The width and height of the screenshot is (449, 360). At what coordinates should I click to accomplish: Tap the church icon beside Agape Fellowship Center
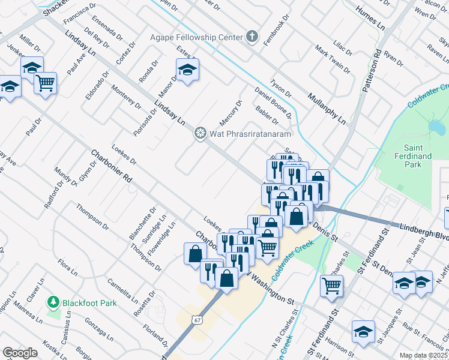point(253,37)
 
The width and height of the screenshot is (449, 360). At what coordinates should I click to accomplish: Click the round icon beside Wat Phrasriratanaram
point(200,132)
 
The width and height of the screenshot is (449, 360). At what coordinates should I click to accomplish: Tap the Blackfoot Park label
point(89,302)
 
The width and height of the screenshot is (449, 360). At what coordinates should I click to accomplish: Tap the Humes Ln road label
point(370,18)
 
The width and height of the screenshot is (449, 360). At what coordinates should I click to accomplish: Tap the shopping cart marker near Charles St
point(331,286)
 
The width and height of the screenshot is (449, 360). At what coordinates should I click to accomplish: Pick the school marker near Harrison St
point(363,332)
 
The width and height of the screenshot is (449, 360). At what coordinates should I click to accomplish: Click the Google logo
point(20,353)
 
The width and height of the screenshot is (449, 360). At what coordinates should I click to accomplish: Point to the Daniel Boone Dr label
point(273,101)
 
